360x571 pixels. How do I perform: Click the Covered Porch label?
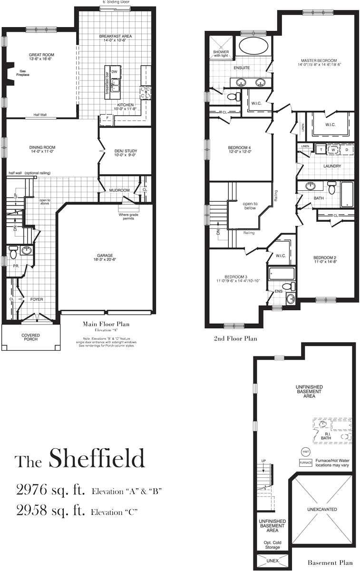point(31,337)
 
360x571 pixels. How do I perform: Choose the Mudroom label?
point(119,190)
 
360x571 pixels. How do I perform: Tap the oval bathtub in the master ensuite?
point(253,47)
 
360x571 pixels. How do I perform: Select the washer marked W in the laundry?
point(333,149)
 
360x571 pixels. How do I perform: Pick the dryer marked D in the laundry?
point(346,149)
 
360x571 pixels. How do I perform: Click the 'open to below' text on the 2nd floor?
point(249,205)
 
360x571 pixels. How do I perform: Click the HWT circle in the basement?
point(305,452)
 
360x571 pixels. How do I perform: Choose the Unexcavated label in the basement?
point(322,510)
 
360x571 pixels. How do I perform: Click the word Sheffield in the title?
point(97,459)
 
